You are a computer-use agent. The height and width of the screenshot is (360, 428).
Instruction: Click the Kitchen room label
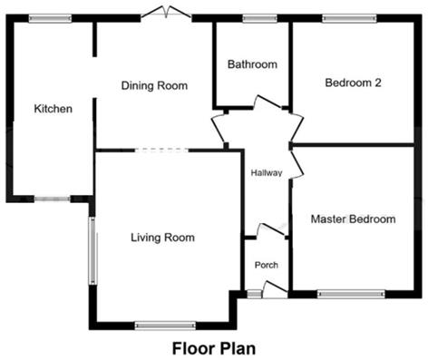click(53, 109)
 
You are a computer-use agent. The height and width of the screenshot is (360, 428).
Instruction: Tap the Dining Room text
click(154, 86)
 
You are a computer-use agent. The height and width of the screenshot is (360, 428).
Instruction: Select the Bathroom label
click(252, 64)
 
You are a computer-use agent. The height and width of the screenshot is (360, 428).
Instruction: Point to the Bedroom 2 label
click(353, 83)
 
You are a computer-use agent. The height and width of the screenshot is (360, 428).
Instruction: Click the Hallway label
click(267, 173)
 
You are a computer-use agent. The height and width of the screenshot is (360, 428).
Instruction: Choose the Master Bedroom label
click(353, 219)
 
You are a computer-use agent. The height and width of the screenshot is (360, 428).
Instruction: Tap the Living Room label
click(162, 238)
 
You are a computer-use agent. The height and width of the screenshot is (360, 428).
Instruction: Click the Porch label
click(266, 265)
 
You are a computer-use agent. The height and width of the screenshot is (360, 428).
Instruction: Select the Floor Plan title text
click(214, 346)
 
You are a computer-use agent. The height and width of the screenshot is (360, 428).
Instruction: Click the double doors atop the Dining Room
click(165, 14)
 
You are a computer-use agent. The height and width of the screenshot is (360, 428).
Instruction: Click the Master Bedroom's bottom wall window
click(351, 293)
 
